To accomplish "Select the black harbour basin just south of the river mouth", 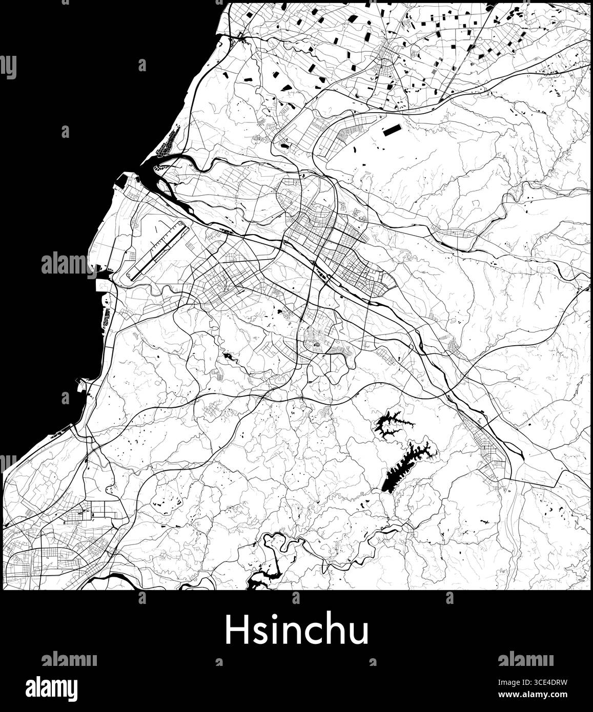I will coord(123,179).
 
